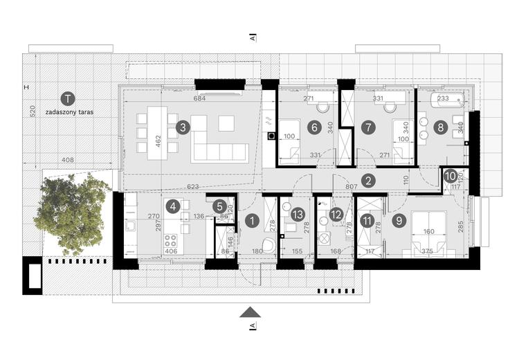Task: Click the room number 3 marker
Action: point(182,127)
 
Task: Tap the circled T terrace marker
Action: point(67,98)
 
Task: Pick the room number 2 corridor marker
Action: point(370,181)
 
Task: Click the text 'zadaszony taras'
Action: point(68,111)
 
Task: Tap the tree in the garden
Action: point(71,210)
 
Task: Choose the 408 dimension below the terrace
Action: point(67,160)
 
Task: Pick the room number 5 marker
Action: point(219,206)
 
